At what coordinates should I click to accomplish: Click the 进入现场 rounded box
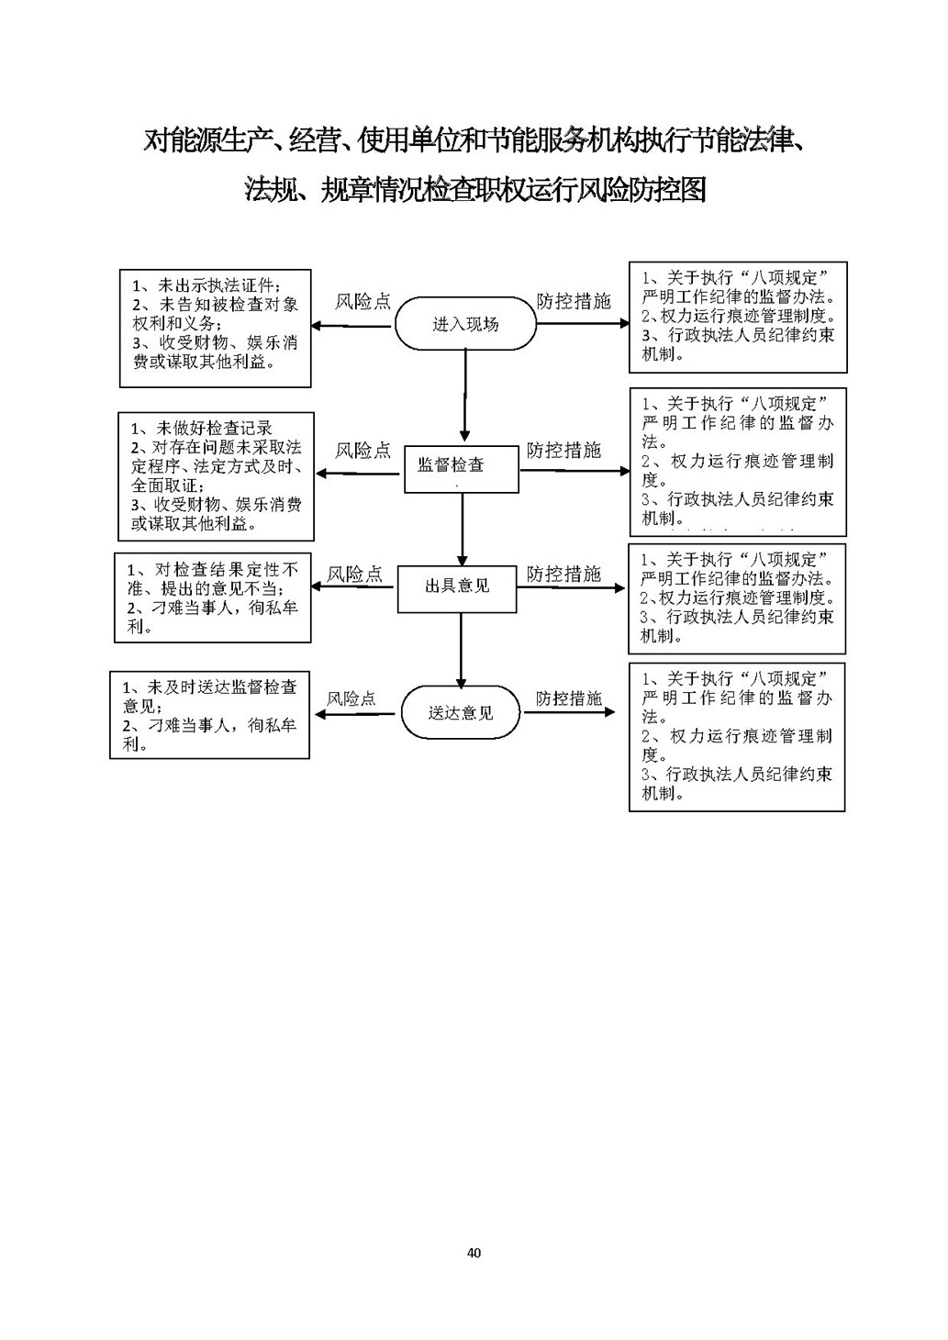pos(465,324)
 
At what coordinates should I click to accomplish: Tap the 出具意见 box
pos(457,587)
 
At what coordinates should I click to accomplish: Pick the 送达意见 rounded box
pos(461,712)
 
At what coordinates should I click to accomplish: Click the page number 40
pos(474,1253)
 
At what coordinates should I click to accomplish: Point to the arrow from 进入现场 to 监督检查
pos(465,396)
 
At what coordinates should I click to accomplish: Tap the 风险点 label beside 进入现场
pos(362,302)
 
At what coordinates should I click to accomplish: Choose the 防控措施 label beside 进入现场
pos(574,301)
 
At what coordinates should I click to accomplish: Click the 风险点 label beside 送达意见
pos(351,698)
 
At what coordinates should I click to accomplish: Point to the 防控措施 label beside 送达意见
pos(569,698)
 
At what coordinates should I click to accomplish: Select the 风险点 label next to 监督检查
pos(362,451)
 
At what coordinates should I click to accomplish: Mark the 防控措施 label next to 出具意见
pos(563,574)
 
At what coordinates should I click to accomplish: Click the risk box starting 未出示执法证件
pos(216,328)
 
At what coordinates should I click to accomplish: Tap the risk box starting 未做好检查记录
pos(216,475)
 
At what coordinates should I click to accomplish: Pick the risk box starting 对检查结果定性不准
pos(212,597)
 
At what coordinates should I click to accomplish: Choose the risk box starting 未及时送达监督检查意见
pos(209,714)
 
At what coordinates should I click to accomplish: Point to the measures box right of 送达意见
pos(736,736)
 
